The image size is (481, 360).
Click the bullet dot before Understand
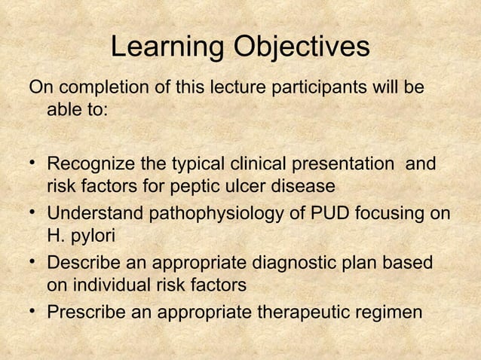(x=34, y=213)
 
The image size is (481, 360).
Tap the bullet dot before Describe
(x=34, y=262)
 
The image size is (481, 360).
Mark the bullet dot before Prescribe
(x=34, y=310)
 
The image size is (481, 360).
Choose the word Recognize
(x=89, y=163)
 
